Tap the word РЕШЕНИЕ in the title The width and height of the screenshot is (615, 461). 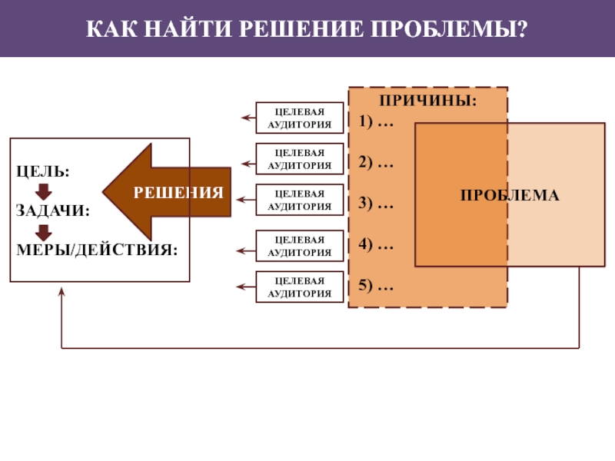pyautogui.click(x=301, y=28)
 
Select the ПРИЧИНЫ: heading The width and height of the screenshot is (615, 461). pyautogui.click(x=428, y=101)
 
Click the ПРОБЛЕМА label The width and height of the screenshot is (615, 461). pyautogui.click(x=510, y=195)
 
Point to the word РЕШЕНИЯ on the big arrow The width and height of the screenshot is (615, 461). pyautogui.click(x=178, y=193)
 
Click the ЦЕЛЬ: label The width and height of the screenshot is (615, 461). pyautogui.click(x=43, y=171)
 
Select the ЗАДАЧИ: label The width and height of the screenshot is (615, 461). pyautogui.click(x=53, y=211)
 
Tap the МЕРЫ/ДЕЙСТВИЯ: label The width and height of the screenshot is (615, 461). pyautogui.click(x=97, y=250)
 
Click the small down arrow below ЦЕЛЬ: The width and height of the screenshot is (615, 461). pyautogui.click(x=44, y=191)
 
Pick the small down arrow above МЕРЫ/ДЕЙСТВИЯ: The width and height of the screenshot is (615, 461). pyautogui.click(x=44, y=233)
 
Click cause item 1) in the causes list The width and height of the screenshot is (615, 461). pyautogui.click(x=376, y=122)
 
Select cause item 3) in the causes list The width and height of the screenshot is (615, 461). pyautogui.click(x=376, y=204)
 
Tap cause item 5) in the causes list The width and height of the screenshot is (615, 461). pyautogui.click(x=376, y=285)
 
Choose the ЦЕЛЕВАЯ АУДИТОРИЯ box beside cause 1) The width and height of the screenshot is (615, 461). pyautogui.click(x=300, y=118)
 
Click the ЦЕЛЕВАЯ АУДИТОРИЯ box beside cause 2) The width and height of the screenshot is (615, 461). pyautogui.click(x=300, y=159)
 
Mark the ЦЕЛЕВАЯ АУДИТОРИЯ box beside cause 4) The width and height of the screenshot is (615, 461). pyautogui.click(x=300, y=246)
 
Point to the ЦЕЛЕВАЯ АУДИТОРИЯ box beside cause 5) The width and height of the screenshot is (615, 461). pyautogui.click(x=300, y=287)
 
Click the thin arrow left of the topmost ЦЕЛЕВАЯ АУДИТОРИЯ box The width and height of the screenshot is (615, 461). pyautogui.click(x=248, y=118)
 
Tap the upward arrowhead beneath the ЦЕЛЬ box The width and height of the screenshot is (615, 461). pyautogui.click(x=61, y=292)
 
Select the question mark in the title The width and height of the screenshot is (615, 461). pyautogui.click(x=523, y=28)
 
